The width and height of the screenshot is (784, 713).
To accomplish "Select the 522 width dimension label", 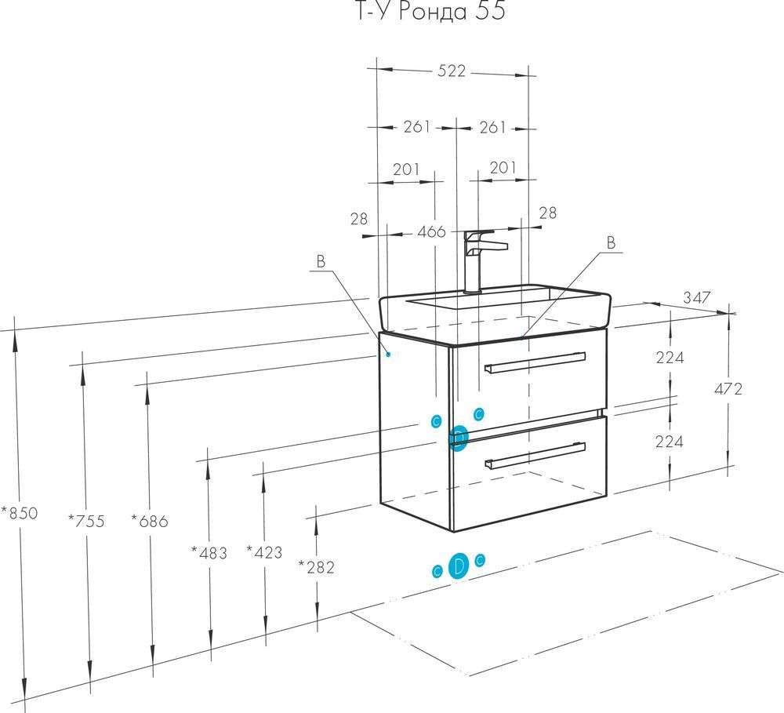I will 452,71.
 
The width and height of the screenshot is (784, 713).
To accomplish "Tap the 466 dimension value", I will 431,231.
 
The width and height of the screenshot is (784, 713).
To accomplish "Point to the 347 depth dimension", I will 696,297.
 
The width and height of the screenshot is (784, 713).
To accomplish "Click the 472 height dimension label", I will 728,388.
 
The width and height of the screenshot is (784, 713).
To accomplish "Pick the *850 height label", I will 19,514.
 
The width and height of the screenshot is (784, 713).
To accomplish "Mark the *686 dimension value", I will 149,520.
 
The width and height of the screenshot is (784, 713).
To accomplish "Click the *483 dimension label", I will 209,553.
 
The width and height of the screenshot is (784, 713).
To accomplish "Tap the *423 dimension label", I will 263,553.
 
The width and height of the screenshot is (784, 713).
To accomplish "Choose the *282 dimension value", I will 316,567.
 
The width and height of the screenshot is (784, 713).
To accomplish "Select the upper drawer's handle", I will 535,362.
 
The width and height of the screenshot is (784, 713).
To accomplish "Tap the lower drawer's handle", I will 535,454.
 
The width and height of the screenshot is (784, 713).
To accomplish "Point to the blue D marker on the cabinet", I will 459,437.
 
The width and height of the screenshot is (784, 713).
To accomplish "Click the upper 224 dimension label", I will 670,358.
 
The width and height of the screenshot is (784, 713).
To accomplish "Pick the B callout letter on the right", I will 611,243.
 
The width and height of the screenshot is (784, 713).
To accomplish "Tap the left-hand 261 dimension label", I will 417,126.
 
